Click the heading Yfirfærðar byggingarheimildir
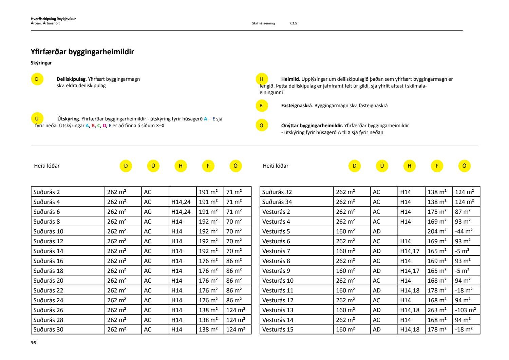82,52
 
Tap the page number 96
33,343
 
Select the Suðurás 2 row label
46,192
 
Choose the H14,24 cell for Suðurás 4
181,202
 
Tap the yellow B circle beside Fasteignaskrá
261,106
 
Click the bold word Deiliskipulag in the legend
71,79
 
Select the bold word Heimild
290,79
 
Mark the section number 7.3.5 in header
293,23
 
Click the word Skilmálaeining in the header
263,23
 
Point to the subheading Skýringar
41,63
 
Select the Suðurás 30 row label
48,329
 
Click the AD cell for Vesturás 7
377,251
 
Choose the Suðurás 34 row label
277,202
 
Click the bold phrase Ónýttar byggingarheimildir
312,126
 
